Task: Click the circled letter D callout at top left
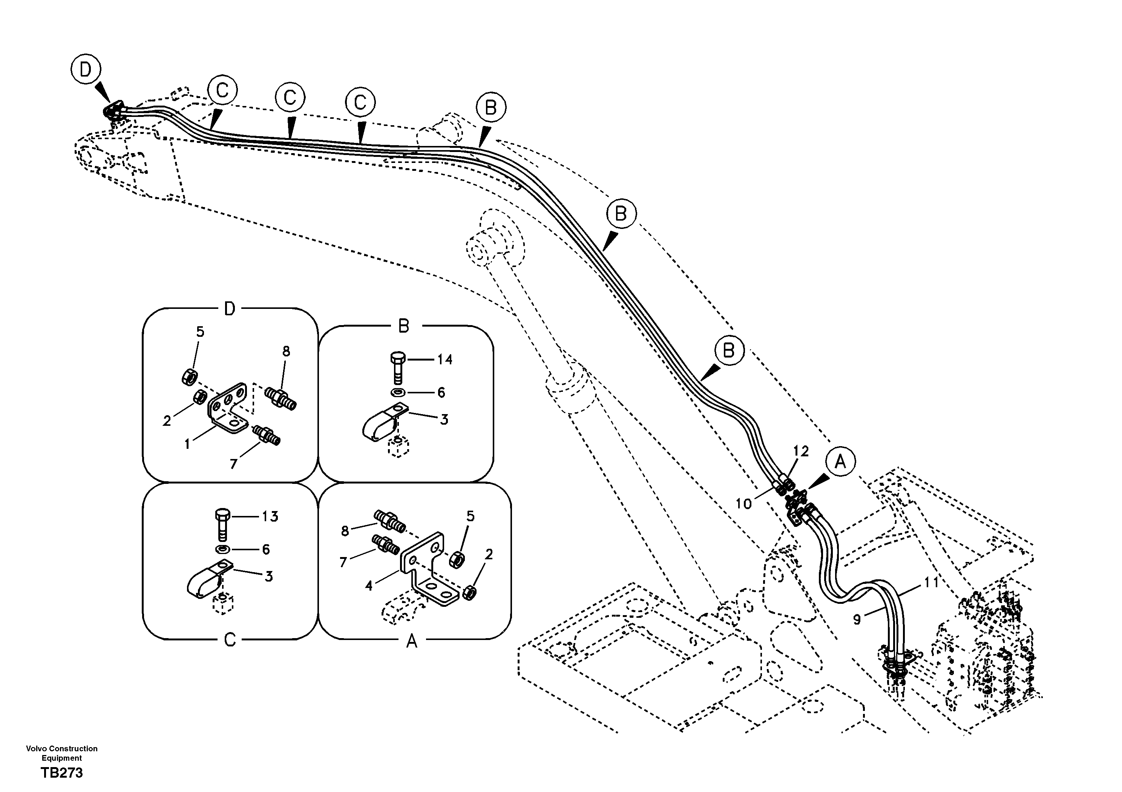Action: pos(86,71)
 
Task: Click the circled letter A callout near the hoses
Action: pos(840,462)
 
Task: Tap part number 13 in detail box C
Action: pos(270,516)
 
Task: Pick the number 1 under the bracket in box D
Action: pos(187,444)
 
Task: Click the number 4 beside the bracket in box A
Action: pos(369,585)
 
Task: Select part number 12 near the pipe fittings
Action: pos(801,451)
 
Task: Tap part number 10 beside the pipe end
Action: pos(743,503)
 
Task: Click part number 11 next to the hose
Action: pos(931,583)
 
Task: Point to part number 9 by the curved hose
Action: pos(857,619)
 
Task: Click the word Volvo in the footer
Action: pos(35,749)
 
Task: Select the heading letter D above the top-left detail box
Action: pos(229,309)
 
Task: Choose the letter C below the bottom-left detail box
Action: pos(230,640)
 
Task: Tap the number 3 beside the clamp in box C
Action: pos(268,577)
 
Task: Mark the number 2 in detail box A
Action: pos(489,554)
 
